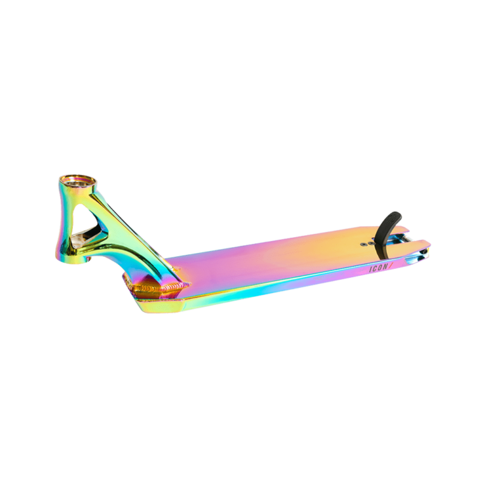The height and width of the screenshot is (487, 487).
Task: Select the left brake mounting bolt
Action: pyautogui.click(x=363, y=245)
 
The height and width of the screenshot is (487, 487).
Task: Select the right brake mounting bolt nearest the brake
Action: pyautogui.click(x=370, y=243)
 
